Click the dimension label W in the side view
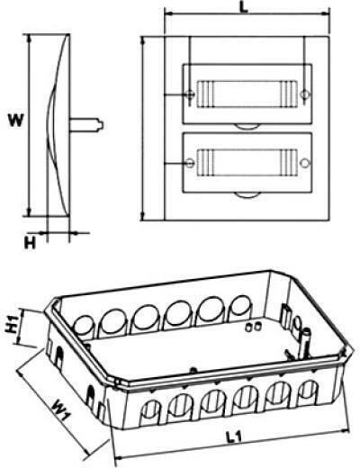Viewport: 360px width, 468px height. click(x=15, y=121)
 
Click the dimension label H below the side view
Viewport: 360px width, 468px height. click(x=30, y=243)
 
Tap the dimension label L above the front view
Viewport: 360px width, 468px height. click(x=245, y=7)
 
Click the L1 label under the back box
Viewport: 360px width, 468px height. click(x=234, y=437)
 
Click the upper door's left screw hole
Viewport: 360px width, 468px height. click(x=190, y=94)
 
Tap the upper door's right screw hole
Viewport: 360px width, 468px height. click(x=305, y=94)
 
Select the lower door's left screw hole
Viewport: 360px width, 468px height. click(x=190, y=163)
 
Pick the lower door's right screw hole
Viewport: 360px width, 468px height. click(x=305, y=163)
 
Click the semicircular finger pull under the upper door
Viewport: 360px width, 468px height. click(x=247, y=127)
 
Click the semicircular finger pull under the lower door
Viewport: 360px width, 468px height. click(x=247, y=195)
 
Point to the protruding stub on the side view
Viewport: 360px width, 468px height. click(x=87, y=125)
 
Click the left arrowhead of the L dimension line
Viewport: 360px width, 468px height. click(x=168, y=13)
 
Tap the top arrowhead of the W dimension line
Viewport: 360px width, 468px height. click(x=29, y=38)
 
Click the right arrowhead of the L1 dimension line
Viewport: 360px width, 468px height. click(x=346, y=430)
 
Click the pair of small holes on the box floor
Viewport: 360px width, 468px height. click(x=253, y=328)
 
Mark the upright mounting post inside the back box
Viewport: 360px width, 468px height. click(x=307, y=343)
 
